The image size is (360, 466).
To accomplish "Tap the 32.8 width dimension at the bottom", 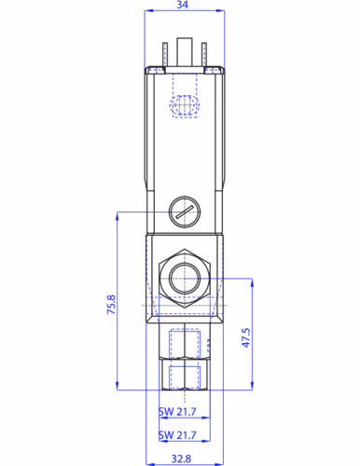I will pos(181,457).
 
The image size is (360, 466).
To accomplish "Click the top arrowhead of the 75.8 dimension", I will pos(118,217).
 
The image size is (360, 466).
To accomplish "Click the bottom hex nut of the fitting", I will pos(185,376).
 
